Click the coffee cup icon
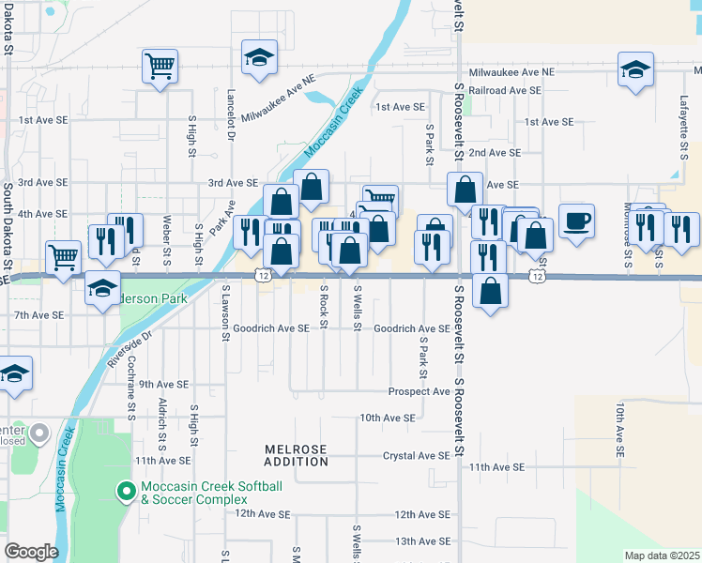pyautogui.click(x=576, y=221)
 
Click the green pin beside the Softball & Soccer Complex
pyautogui.click(x=125, y=491)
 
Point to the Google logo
pyautogui.click(x=31, y=552)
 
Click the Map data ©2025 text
pyautogui.click(x=662, y=555)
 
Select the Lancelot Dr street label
pyautogui.click(x=230, y=115)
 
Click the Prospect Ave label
pyautogui.click(x=418, y=391)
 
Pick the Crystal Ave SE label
pyautogui.click(x=416, y=456)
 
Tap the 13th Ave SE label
pyautogui.click(x=422, y=541)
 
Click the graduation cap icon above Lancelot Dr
pyautogui.click(x=256, y=57)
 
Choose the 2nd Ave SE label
pyautogui.click(x=495, y=153)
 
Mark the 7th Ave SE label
pyautogui.click(x=40, y=315)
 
